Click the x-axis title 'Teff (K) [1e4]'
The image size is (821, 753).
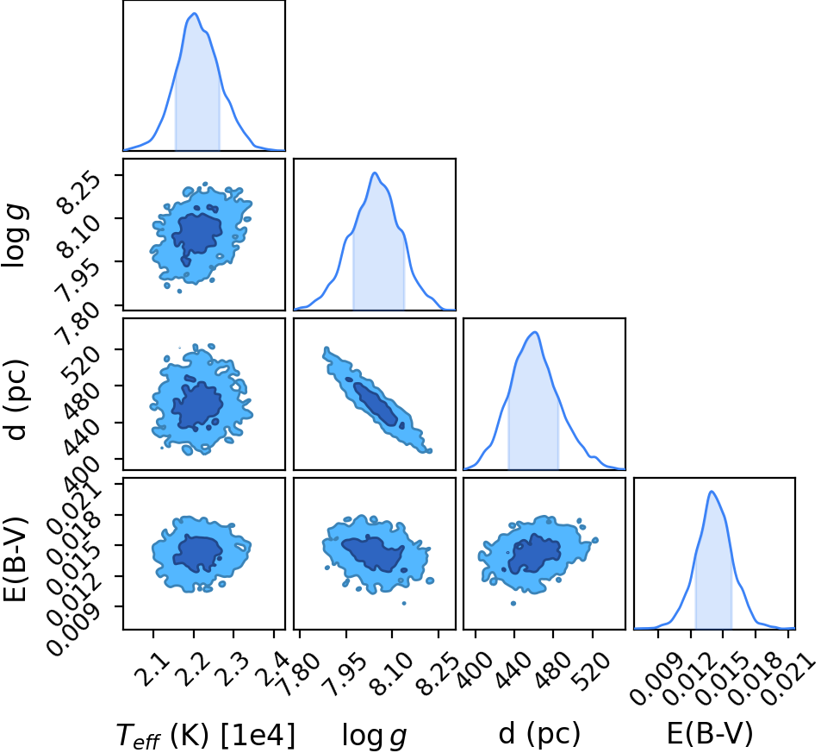pyautogui.click(x=206, y=735)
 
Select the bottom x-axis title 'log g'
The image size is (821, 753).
pyautogui.click(x=375, y=735)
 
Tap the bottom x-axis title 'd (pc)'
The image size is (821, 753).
pyautogui.click(x=539, y=734)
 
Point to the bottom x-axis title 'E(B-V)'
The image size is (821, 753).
pyautogui.click(x=710, y=734)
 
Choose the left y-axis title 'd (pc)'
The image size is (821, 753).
pyautogui.click(x=15, y=399)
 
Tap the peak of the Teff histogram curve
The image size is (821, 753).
pyautogui.click(x=194, y=13)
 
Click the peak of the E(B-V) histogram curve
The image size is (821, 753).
pyautogui.click(x=712, y=492)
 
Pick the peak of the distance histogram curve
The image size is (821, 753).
pyautogui.click(x=535, y=332)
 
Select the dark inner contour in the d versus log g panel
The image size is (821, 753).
pyautogui.click(x=376, y=404)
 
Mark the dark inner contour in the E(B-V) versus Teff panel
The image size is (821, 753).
pyautogui.click(x=198, y=554)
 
